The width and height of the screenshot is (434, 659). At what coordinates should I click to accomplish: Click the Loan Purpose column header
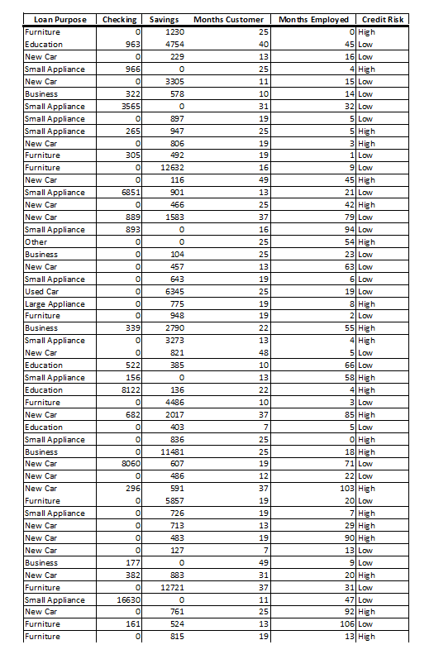click(x=60, y=19)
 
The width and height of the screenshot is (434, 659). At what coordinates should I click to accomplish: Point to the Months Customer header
click(x=229, y=19)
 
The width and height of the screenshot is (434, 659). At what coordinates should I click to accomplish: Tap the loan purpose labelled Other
click(x=36, y=241)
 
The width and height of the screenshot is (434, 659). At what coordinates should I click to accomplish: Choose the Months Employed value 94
click(x=348, y=229)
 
